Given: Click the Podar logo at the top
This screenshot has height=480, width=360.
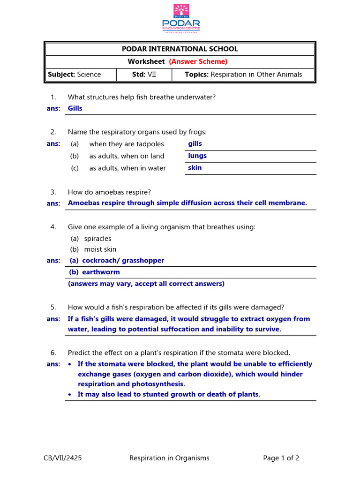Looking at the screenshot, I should click(x=180, y=18).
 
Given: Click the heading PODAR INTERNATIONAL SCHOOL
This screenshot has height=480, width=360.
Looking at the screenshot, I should click(x=180, y=49).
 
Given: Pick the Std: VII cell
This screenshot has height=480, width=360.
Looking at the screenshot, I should click(x=143, y=75).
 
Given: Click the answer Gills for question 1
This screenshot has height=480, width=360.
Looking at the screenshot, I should click(x=75, y=108).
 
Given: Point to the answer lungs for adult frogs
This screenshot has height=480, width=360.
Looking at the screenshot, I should click(x=197, y=156).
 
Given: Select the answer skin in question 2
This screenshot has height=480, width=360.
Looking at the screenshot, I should click(x=195, y=168).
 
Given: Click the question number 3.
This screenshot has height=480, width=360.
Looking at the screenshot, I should click(x=53, y=192).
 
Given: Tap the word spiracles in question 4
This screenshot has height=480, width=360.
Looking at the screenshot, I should click(x=97, y=239).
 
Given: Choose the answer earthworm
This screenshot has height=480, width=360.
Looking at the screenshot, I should click(x=101, y=272).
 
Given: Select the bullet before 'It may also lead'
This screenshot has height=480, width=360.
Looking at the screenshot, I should click(x=70, y=395).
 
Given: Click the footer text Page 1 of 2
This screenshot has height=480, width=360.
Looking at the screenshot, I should click(x=281, y=458).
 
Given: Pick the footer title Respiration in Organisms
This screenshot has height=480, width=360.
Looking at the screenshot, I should click(x=169, y=458).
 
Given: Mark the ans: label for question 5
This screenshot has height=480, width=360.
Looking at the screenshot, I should click(x=53, y=319).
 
